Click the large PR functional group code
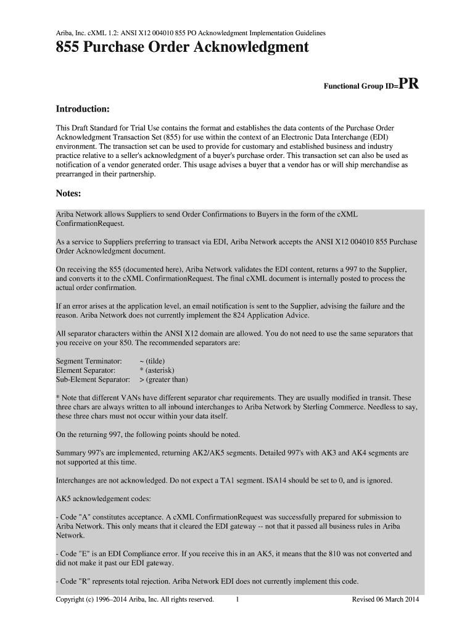pyautogui.click(x=408, y=83)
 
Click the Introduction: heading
pyautogui.click(x=83, y=109)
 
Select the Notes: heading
pyautogui.click(x=68, y=194)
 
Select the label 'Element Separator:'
pyautogui.click(x=86, y=370)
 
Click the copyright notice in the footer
pyautogui.click(x=135, y=599)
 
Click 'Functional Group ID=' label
pyautogui.click(x=361, y=86)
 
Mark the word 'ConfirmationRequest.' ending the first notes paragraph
pyautogui.click(x=90, y=223)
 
